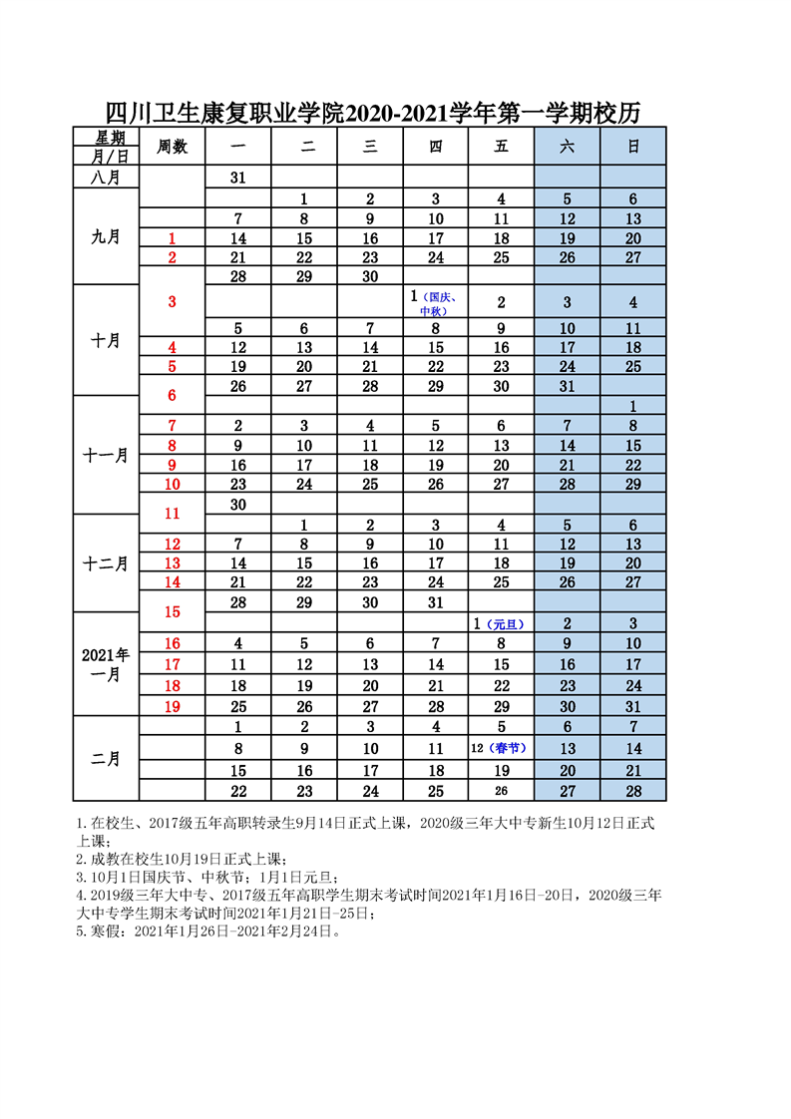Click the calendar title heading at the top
click(372, 113)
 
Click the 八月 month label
click(106, 177)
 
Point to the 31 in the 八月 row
click(238, 177)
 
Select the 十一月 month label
click(106, 455)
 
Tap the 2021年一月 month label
click(106, 664)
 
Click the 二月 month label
click(106, 759)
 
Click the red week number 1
click(172, 238)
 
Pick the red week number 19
click(172, 706)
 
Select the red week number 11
click(172, 514)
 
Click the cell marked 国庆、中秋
click(435, 302)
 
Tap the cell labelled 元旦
click(501, 623)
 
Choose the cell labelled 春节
click(501, 748)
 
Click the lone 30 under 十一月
click(238, 505)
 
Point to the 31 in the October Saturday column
click(567, 386)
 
